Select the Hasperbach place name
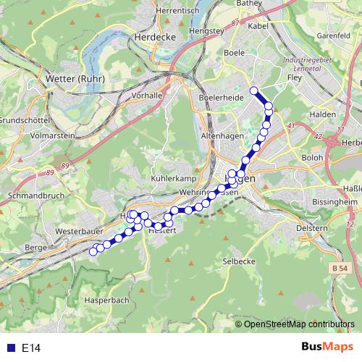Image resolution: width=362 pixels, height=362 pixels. pyautogui.click(x=106, y=299)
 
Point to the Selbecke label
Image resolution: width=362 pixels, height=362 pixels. pyautogui.click(x=239, y=261)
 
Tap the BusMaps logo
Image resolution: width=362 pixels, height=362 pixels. pyautogui.click(x=327, y=347)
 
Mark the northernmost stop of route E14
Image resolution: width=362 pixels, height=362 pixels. pyautogui.click(x=253, y=90)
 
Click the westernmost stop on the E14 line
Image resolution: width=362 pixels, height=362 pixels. pyautogui.click(x=93, y=252)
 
